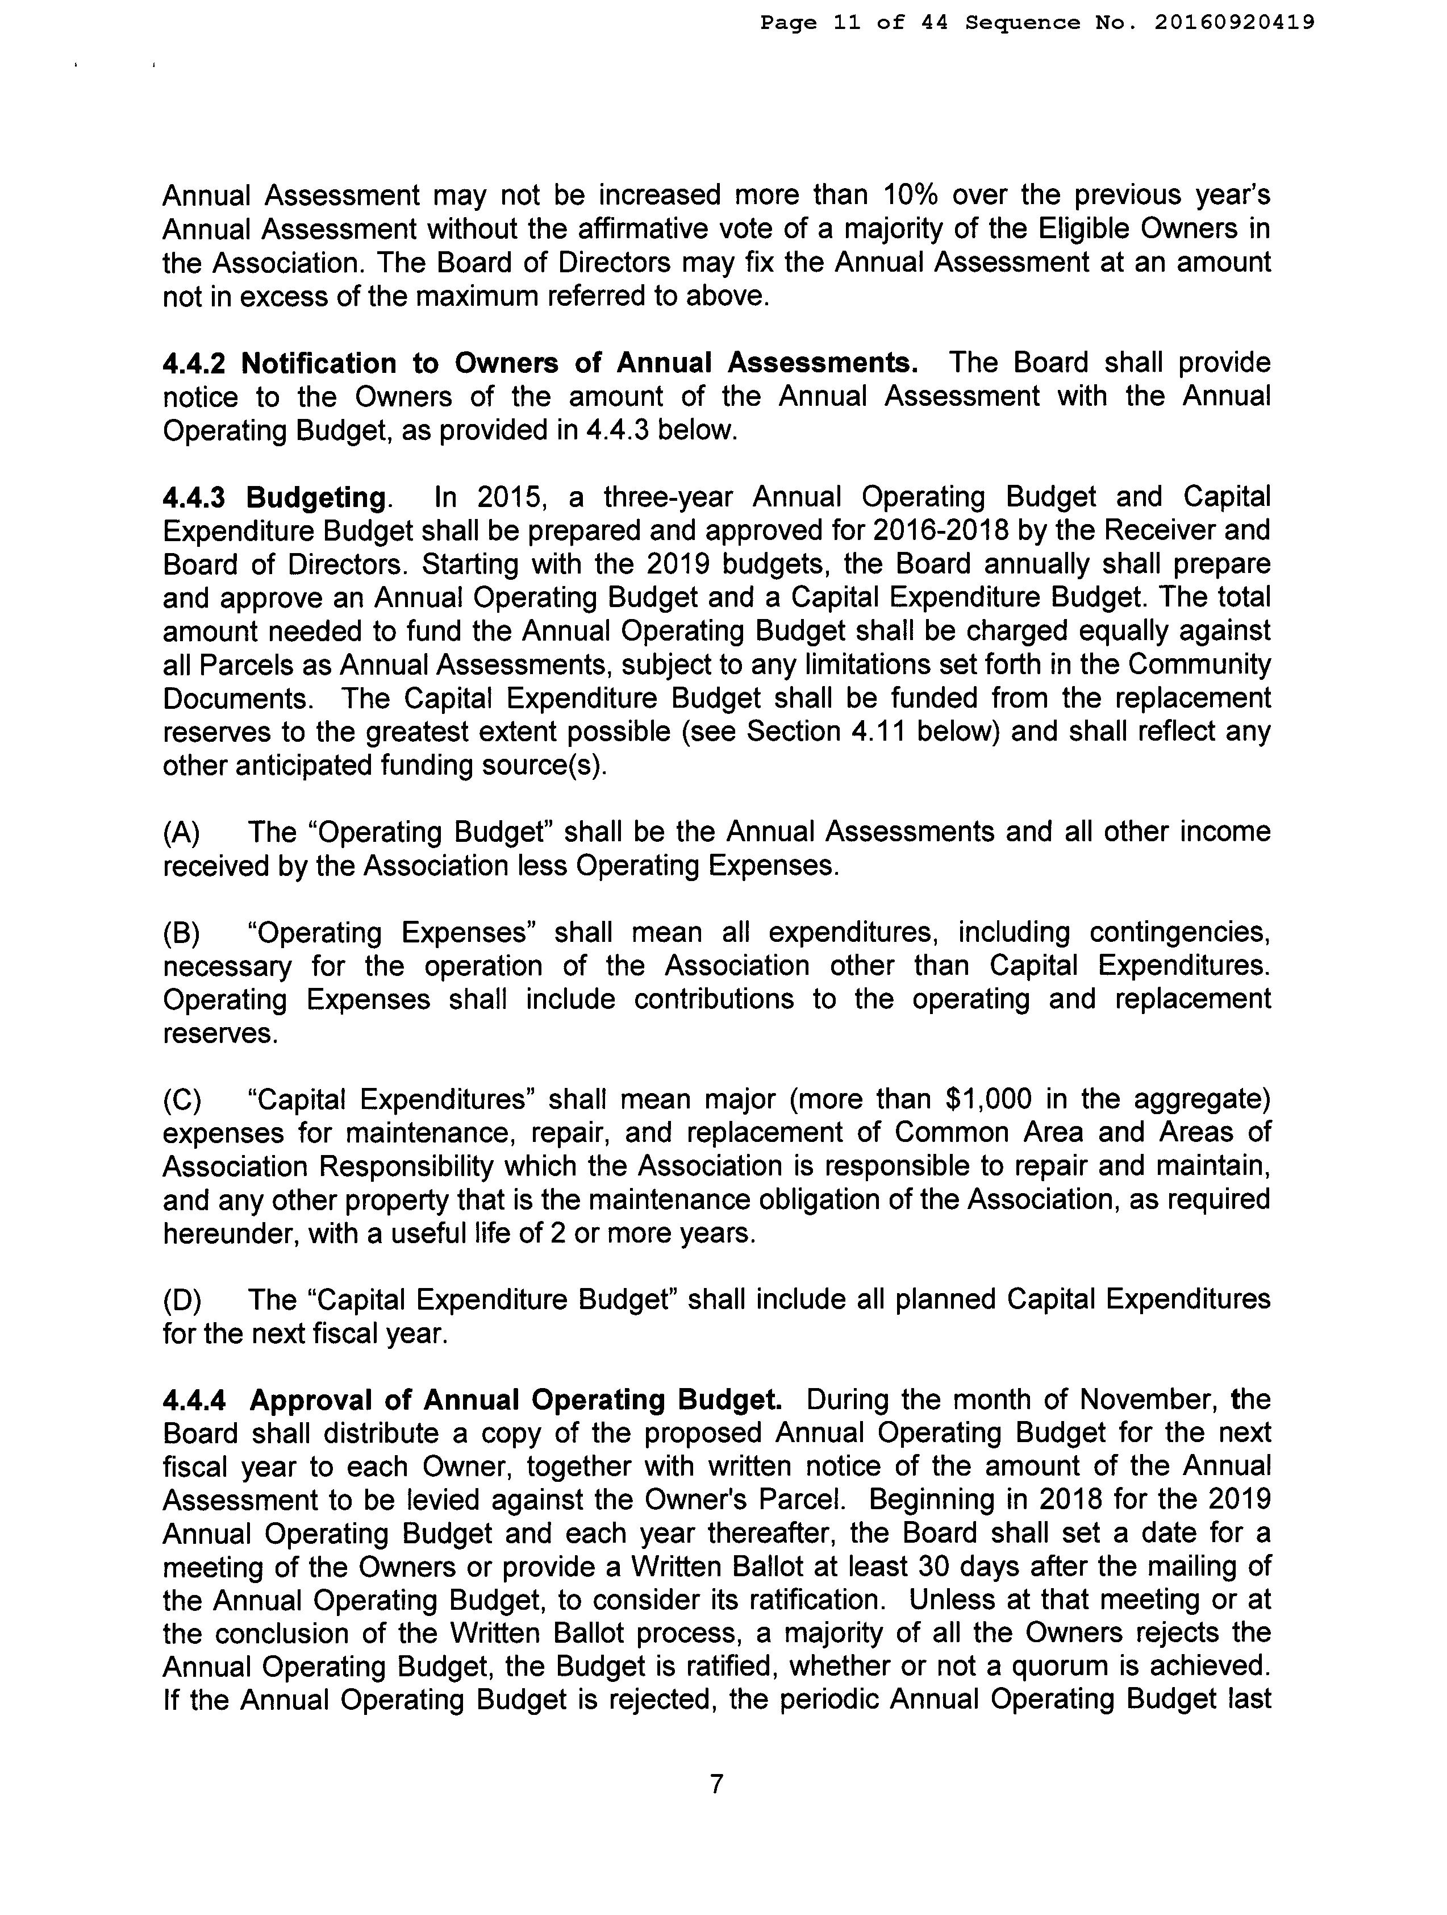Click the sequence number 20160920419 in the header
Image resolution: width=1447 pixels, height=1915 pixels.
click(1235, 23)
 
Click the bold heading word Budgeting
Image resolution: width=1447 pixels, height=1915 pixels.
click(317, 498)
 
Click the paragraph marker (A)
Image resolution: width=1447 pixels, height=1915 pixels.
click(182, 833)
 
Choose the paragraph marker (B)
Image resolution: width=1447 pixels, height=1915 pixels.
click(182, 933)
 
